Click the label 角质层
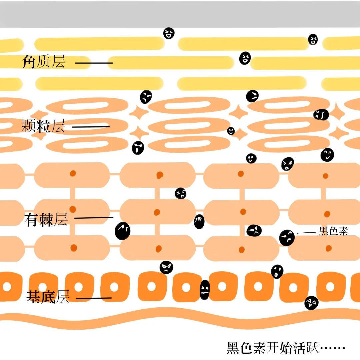(43, 62)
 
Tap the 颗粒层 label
(43, 127)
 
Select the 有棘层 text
(46, 220)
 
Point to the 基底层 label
(47, 297)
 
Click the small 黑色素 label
(333, 231)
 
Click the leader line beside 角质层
(94, 63)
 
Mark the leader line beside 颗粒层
(91, 127)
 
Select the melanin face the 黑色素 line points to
(287, 238)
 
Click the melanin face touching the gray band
(169, 33)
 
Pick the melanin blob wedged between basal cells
(205, 290)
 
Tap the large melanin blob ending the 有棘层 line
(122, 231)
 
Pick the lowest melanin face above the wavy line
(311, 303)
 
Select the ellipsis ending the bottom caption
(332, 349)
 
